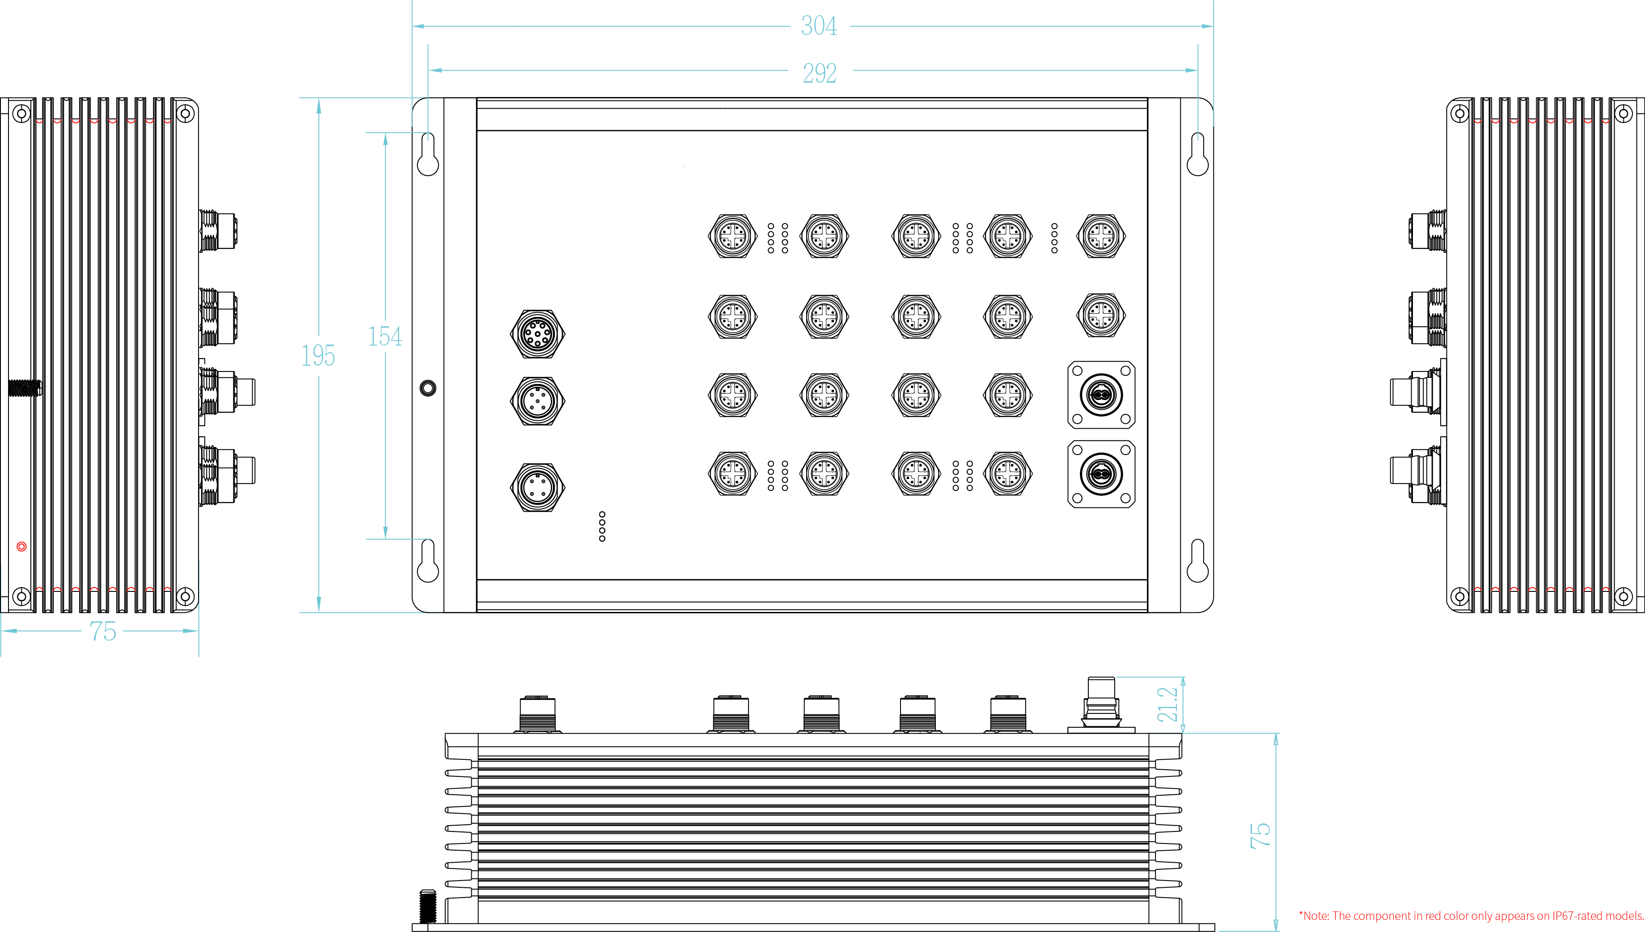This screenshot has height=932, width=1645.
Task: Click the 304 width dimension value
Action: [819, 26]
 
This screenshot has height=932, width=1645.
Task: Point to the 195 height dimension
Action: [318, 355]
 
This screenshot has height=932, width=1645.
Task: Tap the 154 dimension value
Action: [385, 337]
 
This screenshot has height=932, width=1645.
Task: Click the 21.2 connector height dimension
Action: [1167, 704]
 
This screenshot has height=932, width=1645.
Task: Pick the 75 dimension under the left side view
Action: [103, 631]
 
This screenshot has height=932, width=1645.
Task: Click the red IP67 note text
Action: [1471, 916]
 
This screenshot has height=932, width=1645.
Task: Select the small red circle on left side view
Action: [21, 547]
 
